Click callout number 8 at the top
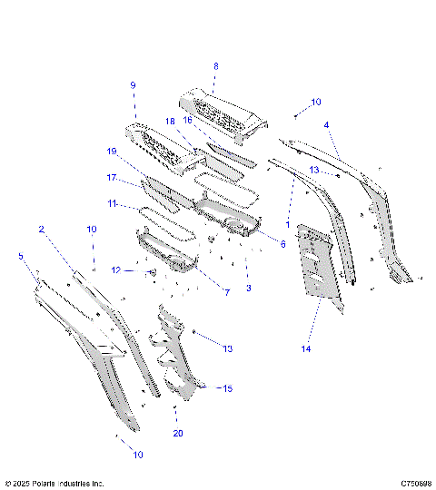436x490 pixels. pos(215,66)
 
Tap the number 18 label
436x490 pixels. pos(169,121)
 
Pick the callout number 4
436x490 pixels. pos(327,125)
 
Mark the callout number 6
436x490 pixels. pos(282,244)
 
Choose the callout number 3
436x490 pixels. pos(249,288)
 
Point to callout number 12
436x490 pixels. pos(115,269)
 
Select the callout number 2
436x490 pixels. pos(41,230)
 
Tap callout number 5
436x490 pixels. pos(22,257)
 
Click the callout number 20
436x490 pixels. pos(178,433)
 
